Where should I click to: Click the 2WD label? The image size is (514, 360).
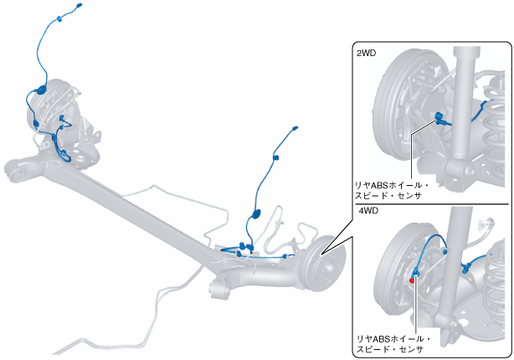click(366, 53)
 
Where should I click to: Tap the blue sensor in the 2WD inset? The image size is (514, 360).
click(438, 116)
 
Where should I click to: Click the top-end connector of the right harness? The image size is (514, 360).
click(296, 129)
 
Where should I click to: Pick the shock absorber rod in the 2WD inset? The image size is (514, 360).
click(465, 100)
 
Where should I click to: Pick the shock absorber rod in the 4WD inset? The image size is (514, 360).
click(455, 251)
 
